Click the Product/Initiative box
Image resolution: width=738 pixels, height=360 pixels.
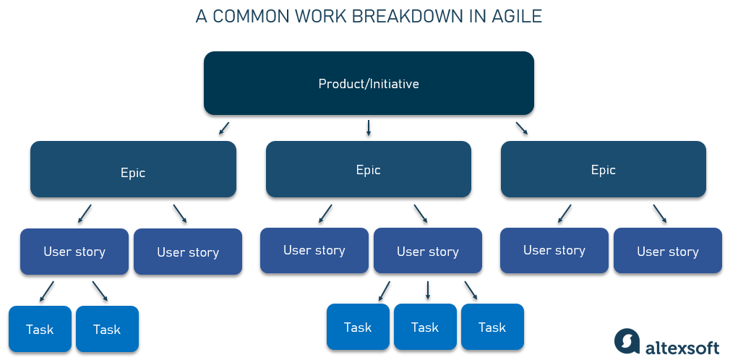pyautogui.click(x=369, y=83)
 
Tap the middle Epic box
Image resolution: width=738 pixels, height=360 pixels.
pyautogui.click(x=368, y=169)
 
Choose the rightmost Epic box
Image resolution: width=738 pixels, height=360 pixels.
pyautogui.click(x=603, y=169)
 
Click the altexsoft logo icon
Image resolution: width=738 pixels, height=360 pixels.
pyautogui.click(x=627, y=341)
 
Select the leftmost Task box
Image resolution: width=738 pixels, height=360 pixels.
pyautogui.click(x=40, y=329)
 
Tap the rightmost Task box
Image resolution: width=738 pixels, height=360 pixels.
pyautogui.click(x=492, y=327)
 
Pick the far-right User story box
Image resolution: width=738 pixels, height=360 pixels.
pyautogui.click(x=668, y=252)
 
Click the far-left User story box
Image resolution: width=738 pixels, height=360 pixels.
pyautogui.click(x=74, y=252)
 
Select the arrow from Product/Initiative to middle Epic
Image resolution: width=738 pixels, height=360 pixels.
pyautogui.click(x=369, y=128)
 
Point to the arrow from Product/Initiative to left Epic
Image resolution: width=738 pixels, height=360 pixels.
pyautogui.click(x=224, y=129)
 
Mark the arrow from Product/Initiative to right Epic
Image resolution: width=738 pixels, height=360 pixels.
pyautogui.click(x=521, y=129)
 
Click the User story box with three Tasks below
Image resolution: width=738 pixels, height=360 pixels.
pyautogui.click(x=427, y=252)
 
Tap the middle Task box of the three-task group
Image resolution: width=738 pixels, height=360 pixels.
pyautogui.click(x=425, y=327)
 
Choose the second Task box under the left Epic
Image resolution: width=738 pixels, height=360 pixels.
pyautogui.click(x=106, y=329)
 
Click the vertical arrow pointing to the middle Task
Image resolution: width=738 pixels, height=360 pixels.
pyautogui.click(x=427, y=290)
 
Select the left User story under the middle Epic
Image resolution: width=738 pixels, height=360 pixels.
pyautogui.click(x=314, y=250)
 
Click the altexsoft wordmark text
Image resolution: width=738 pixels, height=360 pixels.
pyautogui.click(x=685, y=342)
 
